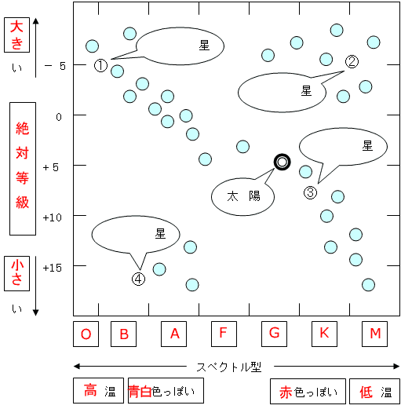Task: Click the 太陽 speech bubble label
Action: point(243,196)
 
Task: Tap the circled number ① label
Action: point(100,65)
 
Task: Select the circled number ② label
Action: point(352,62)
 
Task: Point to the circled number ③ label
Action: point(310,192)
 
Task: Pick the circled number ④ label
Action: point(138,279)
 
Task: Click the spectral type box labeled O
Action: point(86,334)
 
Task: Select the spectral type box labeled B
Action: point(123,334)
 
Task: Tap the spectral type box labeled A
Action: point(173,334)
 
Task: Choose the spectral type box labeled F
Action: point(224,334)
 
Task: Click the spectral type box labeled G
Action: point(274,334)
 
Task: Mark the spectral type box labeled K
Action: point(324,334)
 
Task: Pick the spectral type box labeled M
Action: point(374,334)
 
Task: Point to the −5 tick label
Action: point(55,66)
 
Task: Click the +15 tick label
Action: point(53,268)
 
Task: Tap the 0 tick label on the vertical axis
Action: point(59,117)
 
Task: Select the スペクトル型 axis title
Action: point(229,367)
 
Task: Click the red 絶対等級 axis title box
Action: point(23,169)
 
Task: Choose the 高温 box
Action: point(98,390)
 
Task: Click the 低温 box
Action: point(374,392)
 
